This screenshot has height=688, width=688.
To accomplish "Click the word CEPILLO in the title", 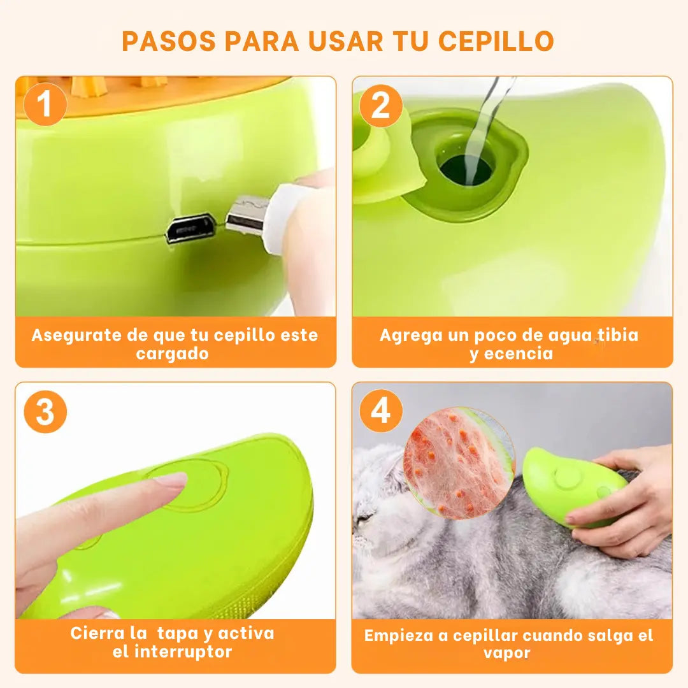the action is point(496,41).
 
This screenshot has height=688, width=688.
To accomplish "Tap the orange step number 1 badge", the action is point(45,104).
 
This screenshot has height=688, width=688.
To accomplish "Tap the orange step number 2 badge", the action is point(381,106).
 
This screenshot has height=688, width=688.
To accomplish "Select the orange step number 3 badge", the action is point(45,412).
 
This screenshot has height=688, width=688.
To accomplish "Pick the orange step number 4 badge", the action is point(381,411).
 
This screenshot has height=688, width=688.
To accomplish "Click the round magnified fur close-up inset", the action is point(459,462).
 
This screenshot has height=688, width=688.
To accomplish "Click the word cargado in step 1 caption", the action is point(172,354).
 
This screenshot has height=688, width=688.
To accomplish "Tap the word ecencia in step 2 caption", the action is point(518,354).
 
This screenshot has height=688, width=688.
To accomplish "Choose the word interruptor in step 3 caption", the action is point(183,652).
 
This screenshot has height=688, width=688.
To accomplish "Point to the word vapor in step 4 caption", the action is point(507,654).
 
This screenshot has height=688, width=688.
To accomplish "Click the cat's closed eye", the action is point(364,518).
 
